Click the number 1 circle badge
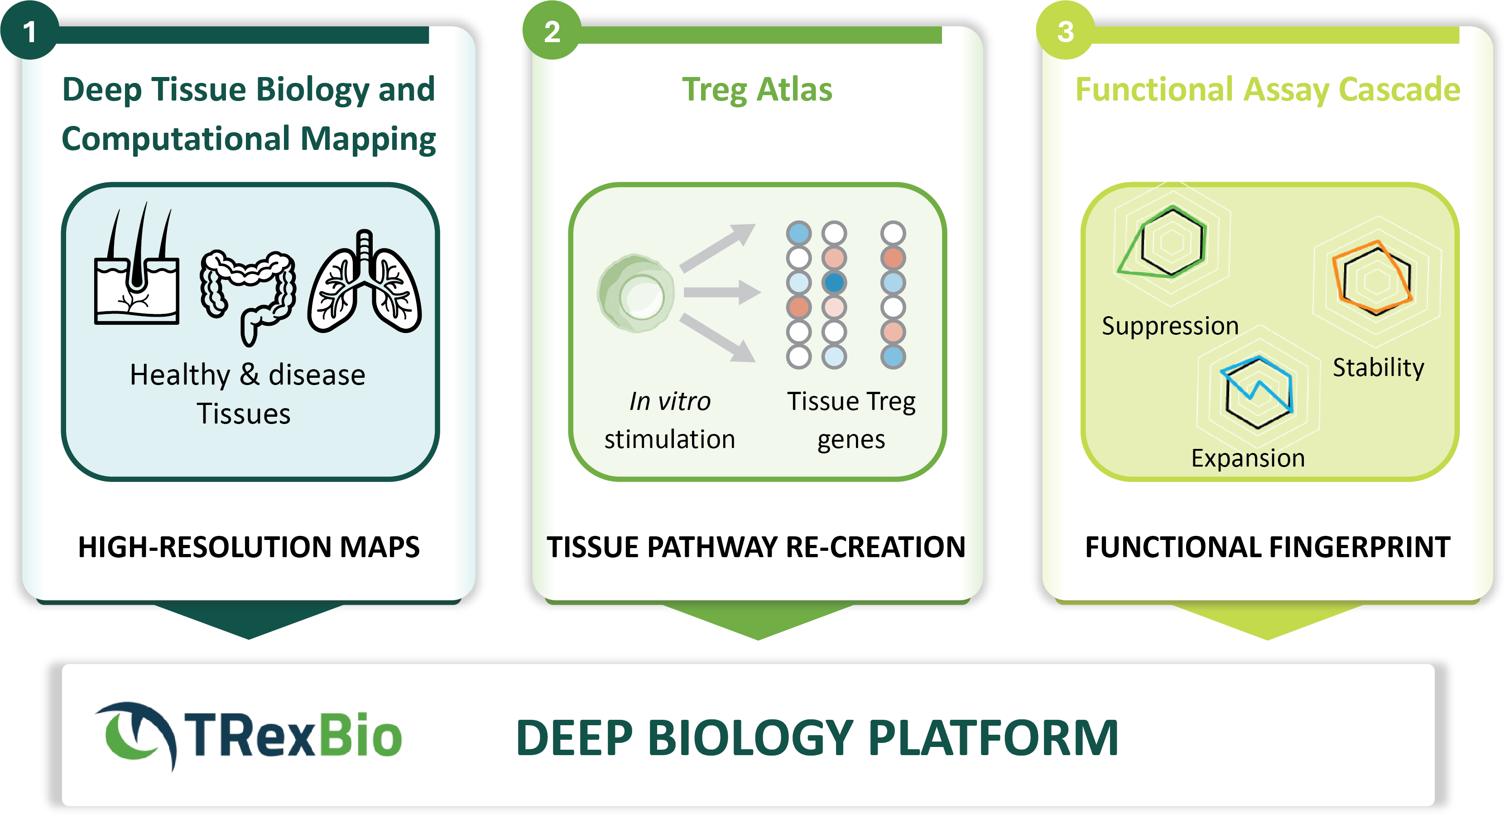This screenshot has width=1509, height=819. pos(29,30)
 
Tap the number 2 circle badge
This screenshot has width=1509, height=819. pos(551,30)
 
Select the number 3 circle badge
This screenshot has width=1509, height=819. pos(1065,30)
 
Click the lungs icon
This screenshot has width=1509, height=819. pos(365,282)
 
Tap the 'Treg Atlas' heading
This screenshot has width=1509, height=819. pos(757,90)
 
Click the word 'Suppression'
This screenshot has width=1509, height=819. pos(1170,326)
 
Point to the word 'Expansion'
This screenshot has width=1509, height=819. pos(1248,458)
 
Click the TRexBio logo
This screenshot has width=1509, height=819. pos(248,736)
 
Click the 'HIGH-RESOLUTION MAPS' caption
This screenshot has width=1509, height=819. pos(249,547)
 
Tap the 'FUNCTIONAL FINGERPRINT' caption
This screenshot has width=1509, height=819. pos(1268,547)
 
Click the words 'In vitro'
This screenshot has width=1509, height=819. pos(669,401)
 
